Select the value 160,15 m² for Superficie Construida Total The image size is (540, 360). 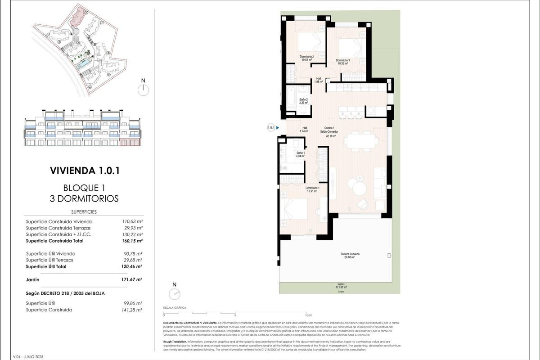tap(132, 241)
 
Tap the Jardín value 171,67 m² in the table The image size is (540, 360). tap(132, 279)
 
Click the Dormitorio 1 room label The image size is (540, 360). tap(312, 189)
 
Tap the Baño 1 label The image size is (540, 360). tap(300, 154)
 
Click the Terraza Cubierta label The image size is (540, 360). tap(350, 255)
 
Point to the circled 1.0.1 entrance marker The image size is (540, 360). tap(271, 128)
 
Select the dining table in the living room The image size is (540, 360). tap(361, 141)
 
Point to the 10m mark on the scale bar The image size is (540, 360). tap(306, 315)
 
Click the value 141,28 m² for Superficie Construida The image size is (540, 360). tap(132, 310)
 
